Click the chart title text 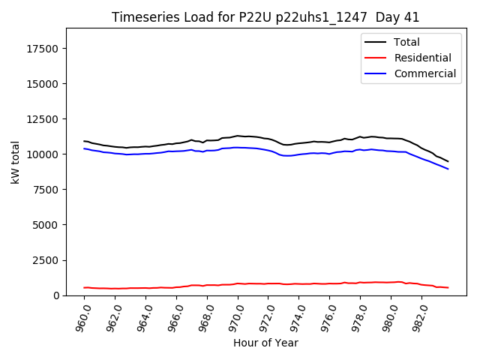coord(265,17)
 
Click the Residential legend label coord(422,58)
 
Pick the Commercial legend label coord(424,73)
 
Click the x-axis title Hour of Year coord(265,343)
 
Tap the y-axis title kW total coord(15,162)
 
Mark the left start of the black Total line coord(84,141)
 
